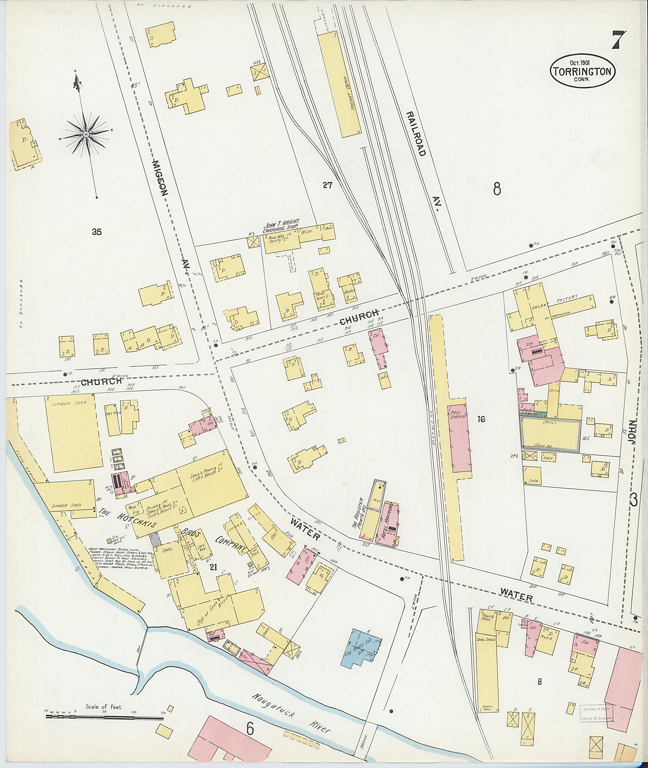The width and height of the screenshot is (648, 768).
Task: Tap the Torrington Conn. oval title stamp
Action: pos(582,71)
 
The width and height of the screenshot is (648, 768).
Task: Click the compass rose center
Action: pos(86,135)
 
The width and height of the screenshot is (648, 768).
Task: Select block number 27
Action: pos(327,185)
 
